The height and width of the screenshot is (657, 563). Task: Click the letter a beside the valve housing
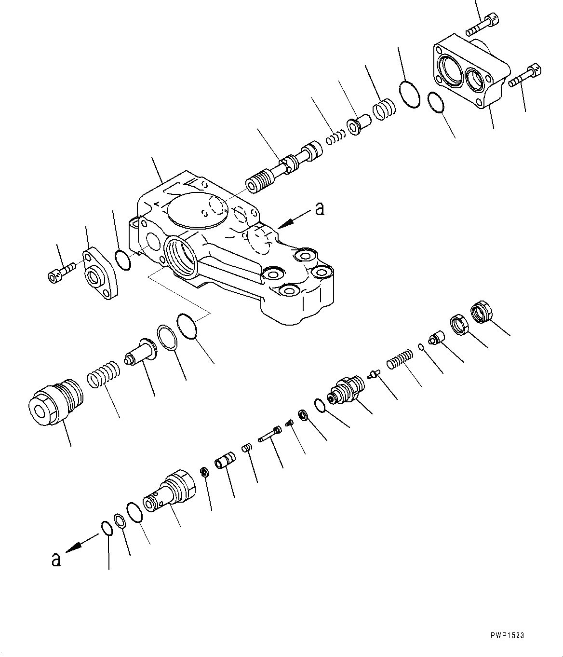click(319, 209)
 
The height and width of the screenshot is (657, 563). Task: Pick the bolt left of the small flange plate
click(61, 272)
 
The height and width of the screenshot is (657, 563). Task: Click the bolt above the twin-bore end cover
click(483, 25)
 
